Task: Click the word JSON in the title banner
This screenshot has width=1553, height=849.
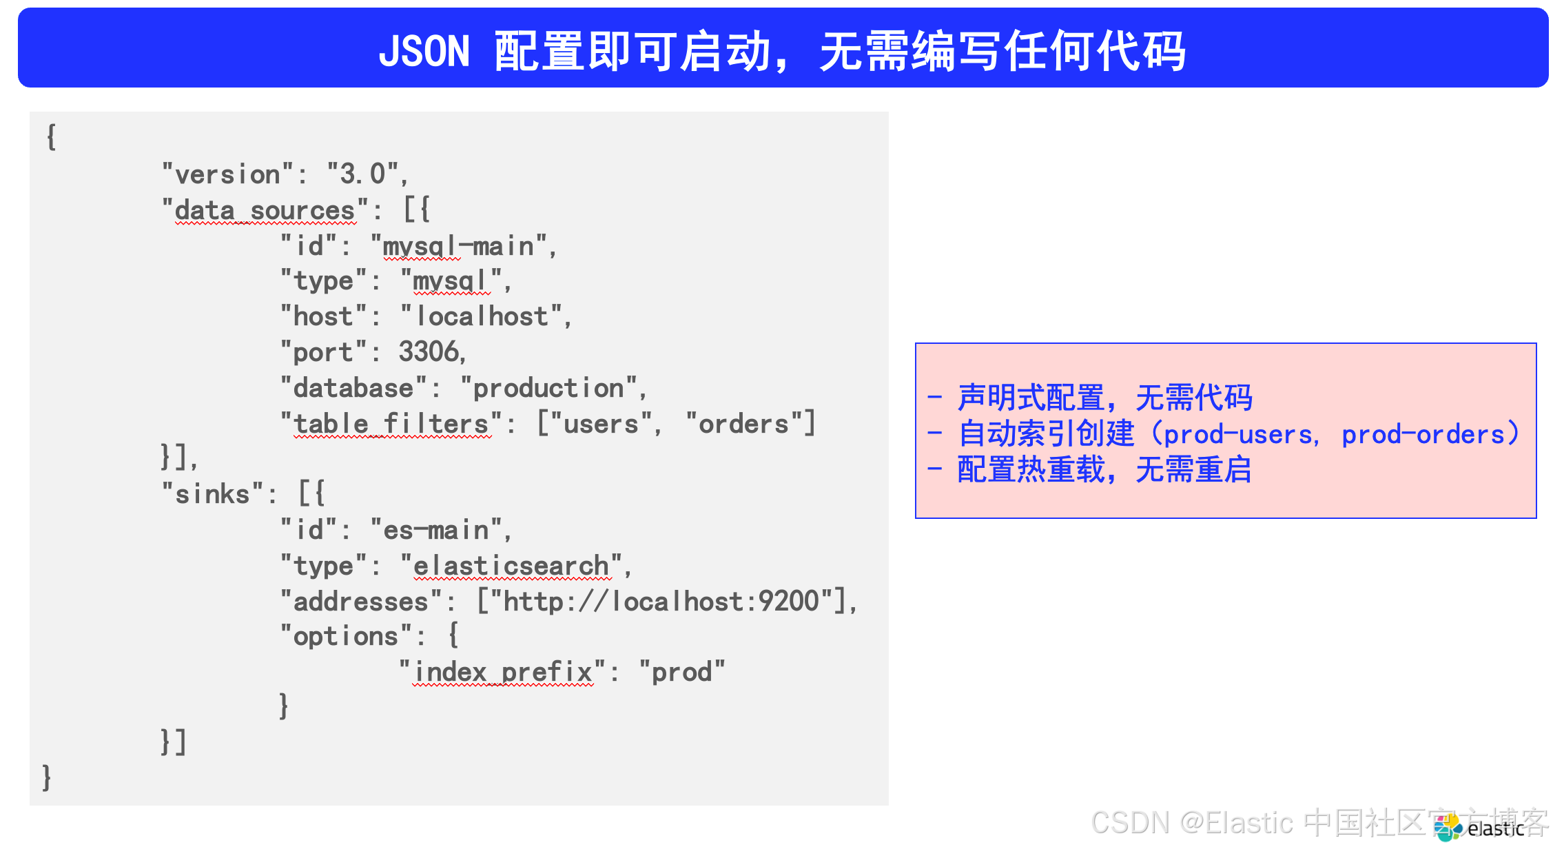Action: (424, 51)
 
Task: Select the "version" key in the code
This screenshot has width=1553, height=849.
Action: (228, 174)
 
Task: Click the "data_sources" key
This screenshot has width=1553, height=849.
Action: (265, 210)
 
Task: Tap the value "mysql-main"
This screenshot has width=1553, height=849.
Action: (459, 246)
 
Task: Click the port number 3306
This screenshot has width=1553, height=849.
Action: (429, 351)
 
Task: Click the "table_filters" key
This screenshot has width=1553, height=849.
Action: (391, 424)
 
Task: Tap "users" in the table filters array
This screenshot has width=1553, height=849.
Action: (601, 424)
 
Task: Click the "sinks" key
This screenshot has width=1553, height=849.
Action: (213, 494)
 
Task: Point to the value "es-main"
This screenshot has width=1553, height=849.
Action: (436, 530)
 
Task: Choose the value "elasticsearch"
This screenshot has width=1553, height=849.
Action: (511, 566)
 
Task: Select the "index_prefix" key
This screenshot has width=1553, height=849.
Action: (503, 672)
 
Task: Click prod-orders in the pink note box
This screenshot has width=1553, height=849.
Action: (1423, 434)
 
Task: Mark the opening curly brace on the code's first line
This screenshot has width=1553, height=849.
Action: (51, 136)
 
